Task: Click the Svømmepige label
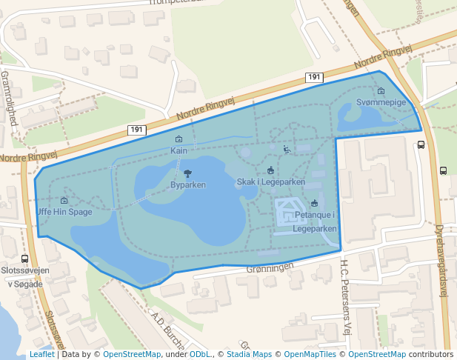(x=381, y=101)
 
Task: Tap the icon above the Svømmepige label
(x=381, y=90)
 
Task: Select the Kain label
(x=179, y=150)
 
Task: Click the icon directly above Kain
(x=179, y=139)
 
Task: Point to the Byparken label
(x=188, y=184)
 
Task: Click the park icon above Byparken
(x=187, y=173)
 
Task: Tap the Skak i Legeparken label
(x=270, y=181)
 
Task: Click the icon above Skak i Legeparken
(x=270, y=171)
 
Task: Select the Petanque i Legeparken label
(x=315, y=221)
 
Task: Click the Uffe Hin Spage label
(x=64, y=212)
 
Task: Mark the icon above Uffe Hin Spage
(x=64, y=201)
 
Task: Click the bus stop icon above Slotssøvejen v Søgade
(x=25, y=259)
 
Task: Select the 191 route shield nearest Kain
(x=136, y=130)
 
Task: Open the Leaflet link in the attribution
(x=41, y=354)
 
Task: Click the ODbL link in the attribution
(x=199, y=354)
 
